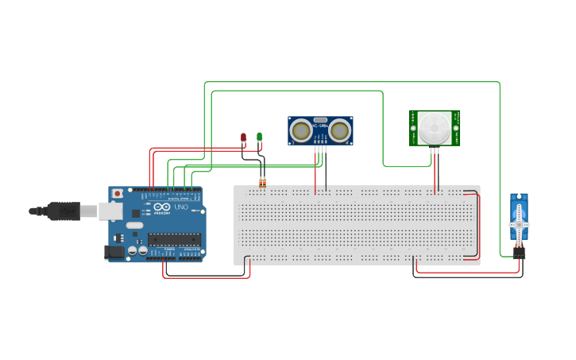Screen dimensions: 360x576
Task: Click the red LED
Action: pyautogui.click(x=244, y=138)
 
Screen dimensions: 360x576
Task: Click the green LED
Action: pyautogui.click(x=259, y=137)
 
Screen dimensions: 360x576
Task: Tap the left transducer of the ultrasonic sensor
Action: pyautogui.click(x=301, y=129)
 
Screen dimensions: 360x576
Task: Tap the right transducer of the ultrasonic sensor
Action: pyautogui.click(x=340, y=129)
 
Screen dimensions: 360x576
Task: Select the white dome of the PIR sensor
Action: pyautogui.click(x=435, y=127)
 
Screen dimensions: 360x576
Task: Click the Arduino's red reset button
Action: pyautogui.click(x=118, y=193)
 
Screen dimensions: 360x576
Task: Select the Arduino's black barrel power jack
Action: pyautogui.click(x=114, y=252)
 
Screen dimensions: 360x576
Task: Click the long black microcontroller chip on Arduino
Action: pyautogui.click(x=174, y=238)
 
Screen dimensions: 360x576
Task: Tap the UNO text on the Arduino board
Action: pyautogui.click(x=182, y=208)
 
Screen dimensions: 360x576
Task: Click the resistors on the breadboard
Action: pyautogui.click(x=263, y=184)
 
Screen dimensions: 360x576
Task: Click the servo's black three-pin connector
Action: pyautogui.click(x=519, y=254)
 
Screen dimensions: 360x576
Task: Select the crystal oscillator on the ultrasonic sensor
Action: pyautogui.click(x=320, y=119)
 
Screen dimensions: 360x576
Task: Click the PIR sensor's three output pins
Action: pyautogui.click(x=435, y=149)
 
